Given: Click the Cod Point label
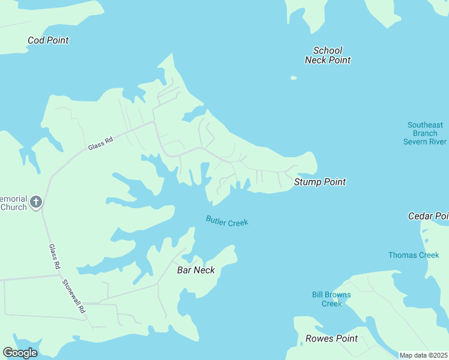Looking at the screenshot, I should pos(48,40).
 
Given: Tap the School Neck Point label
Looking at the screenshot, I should pos(327,55).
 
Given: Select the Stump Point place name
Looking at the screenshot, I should pos(319,182).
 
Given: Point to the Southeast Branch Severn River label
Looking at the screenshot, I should pos(424,133).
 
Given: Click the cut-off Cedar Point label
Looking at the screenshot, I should pos(428,216).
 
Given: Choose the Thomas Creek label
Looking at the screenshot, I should pos(414,255).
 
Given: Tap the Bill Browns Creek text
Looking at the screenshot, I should pos(331,299).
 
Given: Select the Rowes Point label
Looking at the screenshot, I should pos(331,338).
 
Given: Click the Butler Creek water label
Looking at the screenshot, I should pos(227,221).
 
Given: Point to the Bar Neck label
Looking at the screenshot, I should pos(196,270).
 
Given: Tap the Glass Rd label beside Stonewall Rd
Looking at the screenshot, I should pos(55,256).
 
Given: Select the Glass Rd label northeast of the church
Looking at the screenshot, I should pos(100,144).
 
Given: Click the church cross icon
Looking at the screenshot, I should pos(36,202).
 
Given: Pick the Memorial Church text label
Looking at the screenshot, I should pos(13,203).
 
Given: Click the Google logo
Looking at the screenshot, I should pos(20,353).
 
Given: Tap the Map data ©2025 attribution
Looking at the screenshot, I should pos(424,355).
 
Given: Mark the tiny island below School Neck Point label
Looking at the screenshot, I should pos(294,77).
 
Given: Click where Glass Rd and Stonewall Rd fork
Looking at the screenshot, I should pos(60,275).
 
